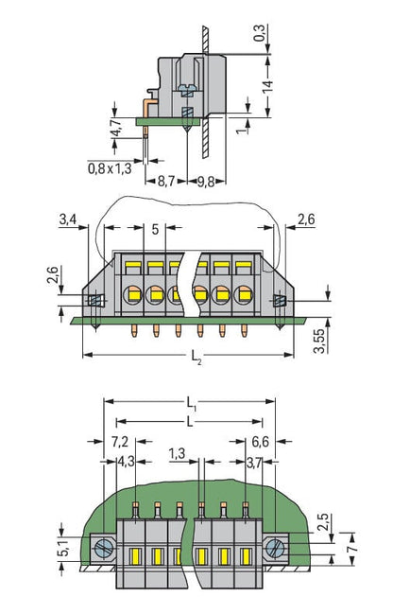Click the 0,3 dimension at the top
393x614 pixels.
(259, 32)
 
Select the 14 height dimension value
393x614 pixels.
(268, 87)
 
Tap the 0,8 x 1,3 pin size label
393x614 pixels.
(110, 168)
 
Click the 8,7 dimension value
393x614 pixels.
(166, 182)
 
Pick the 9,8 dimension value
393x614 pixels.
(206, 182)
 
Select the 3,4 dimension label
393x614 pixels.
(68, 219)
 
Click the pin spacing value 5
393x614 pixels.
(155, 229)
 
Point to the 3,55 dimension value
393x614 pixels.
(319, 341)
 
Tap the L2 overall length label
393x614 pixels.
(196, 357)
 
